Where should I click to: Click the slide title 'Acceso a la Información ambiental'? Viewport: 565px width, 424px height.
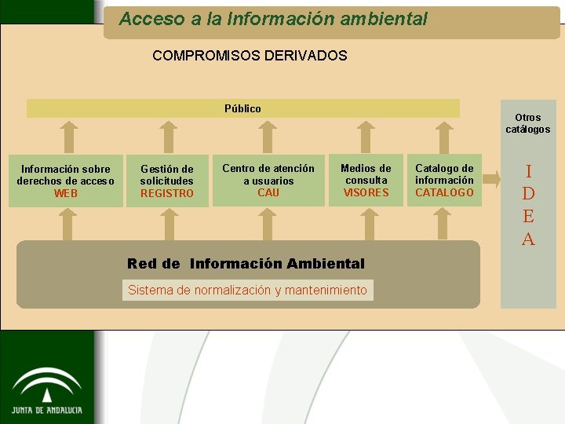click(273, 19)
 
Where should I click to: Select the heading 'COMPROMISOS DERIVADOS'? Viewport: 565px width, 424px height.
click(250, 56)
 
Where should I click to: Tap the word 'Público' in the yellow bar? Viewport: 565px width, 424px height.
click(242, 108)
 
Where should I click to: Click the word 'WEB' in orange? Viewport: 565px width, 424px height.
click(66, 193)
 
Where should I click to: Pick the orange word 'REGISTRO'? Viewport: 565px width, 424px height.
click(166, 194)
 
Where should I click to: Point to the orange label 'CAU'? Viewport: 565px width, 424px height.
click(268, 192)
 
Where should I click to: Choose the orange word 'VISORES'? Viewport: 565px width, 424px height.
click(366, 192)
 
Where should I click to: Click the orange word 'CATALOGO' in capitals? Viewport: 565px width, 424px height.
click(444, 192)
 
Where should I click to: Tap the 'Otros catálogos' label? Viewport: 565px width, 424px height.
click(527, 123)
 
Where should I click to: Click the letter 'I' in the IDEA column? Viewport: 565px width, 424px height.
click(528, 171)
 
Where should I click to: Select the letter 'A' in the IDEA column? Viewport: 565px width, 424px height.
click(528, 239)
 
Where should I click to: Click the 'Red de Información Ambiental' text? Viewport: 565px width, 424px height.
click(246, 264)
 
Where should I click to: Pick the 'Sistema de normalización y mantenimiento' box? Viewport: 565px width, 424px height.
click(247, 290)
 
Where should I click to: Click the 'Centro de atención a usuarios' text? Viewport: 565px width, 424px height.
click(268, 174)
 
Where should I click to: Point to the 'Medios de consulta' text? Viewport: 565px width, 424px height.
click(366, 174)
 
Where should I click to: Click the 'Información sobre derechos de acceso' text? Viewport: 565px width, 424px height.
click(66, 175)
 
